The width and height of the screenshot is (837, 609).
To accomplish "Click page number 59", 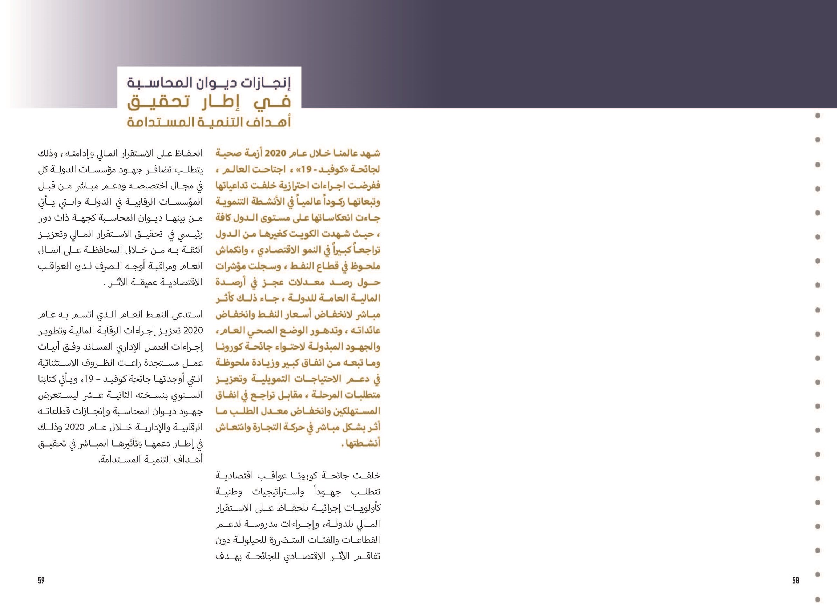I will [x=41, y=580].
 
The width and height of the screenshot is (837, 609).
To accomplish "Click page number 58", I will [x=795, y=580].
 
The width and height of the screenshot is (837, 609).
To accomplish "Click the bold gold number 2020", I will [x=281, y=153].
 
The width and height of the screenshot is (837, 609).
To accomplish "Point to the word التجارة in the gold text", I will [x=263, y=427].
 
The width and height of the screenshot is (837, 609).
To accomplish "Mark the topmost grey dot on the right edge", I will [x=817, y=116].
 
